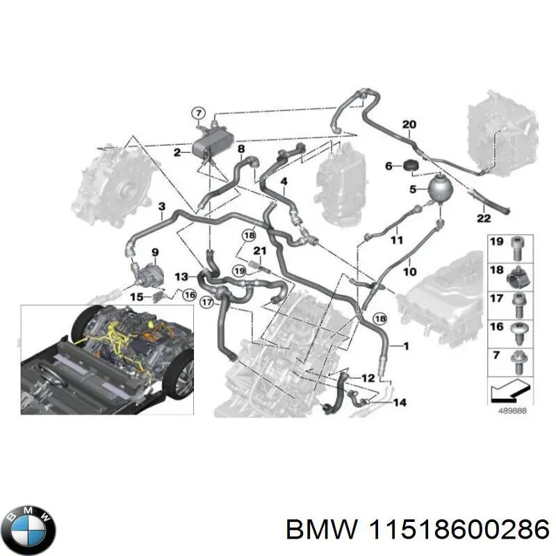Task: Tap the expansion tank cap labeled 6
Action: (x=411, y=165)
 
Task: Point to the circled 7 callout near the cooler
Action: (x=199, y=113)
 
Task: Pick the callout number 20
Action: (x=409, y=124)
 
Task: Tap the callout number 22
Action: (x=483, y=218)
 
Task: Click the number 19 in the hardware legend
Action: (x=496, y=241)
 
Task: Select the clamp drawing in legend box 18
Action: (x=519, y=277)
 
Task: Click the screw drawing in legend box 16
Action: (x=518, y=334)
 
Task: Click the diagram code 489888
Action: (x=513, y=411)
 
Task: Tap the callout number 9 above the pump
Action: (x=155, y=252)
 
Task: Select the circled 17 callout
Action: (x=206, y=302)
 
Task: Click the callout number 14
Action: (x=400, y=402)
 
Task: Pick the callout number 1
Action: (x=407, y=345)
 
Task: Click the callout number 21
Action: (x=259, y=251)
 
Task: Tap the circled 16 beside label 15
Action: (x=189, y=295)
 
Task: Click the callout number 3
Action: (x=162, y=206)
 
